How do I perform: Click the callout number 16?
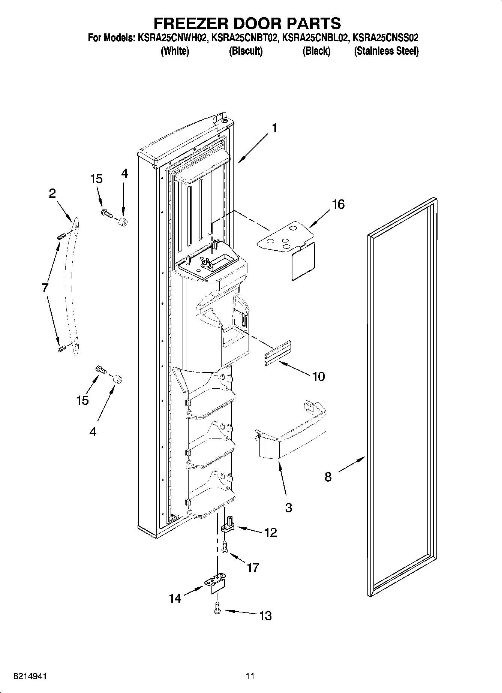click(338, 205)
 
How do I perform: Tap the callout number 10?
click(318, 376)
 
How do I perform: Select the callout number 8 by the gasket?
click(328, 477)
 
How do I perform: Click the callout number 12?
click(271, 533)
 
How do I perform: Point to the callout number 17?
click(253, 567)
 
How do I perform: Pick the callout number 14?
click(175, 599)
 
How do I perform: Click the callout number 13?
click(265, 615)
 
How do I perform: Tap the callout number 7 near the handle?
click(45, 288)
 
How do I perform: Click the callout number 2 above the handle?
click(52, 193)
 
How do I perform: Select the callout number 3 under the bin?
click(288, 508)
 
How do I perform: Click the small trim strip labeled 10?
click(278, 354)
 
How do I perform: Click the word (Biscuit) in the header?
click(246, 51)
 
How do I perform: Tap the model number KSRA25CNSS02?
click(386, 38)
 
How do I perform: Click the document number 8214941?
click(30, 676)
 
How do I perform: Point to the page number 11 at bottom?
click(250, 676)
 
